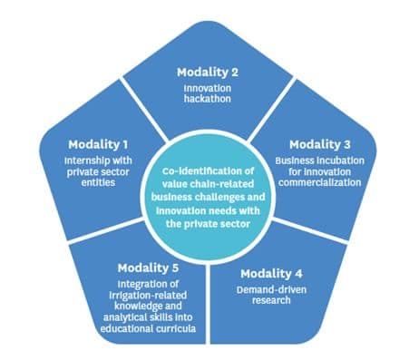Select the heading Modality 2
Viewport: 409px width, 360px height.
point(209,70)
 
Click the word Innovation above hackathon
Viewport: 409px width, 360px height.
point(208,86)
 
